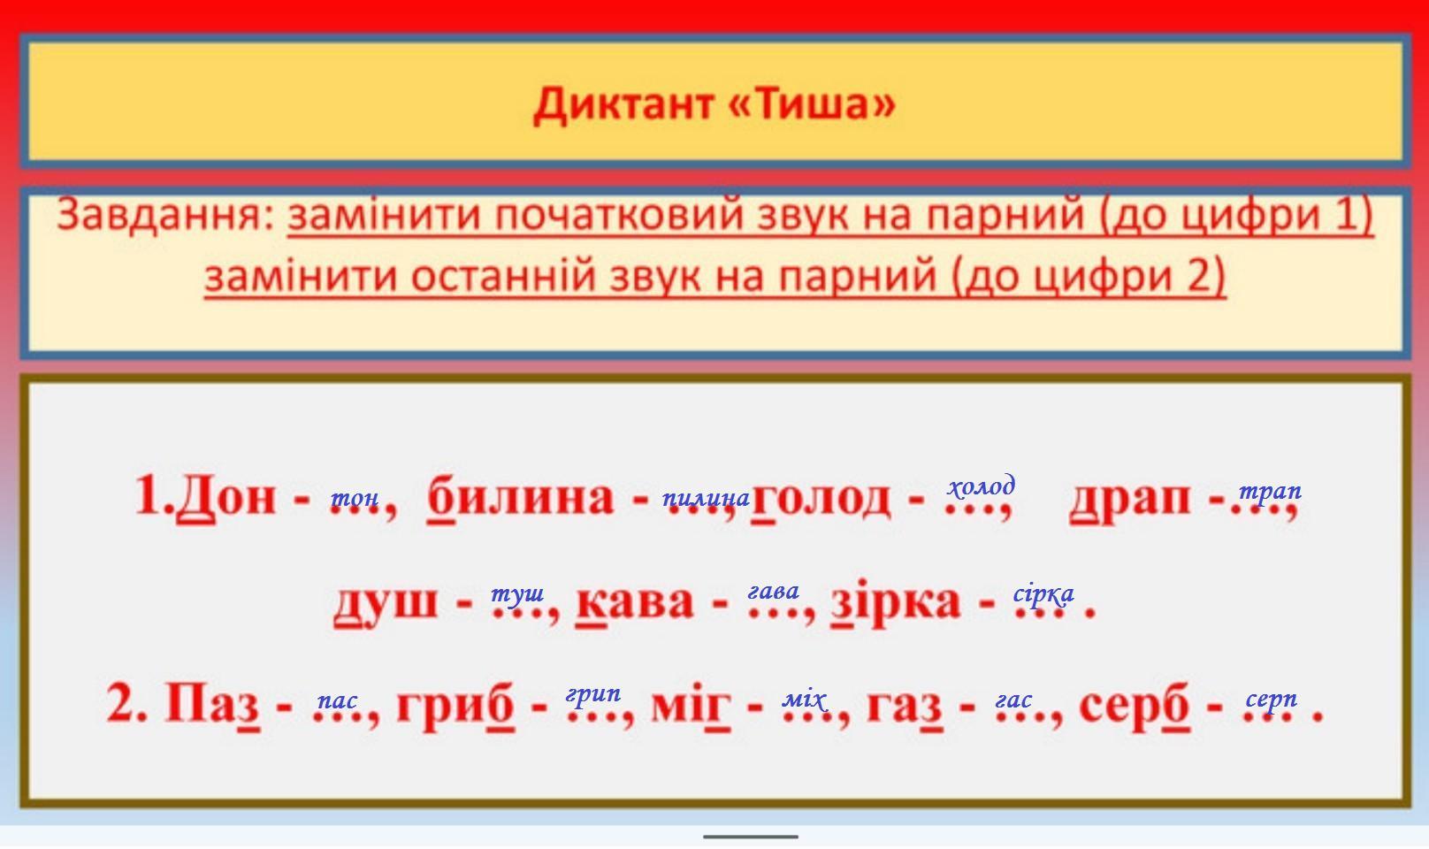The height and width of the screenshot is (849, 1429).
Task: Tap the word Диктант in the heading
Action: coord(623,105)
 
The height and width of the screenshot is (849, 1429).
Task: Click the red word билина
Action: coord(520,496)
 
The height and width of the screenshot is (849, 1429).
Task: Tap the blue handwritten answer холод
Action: coord(982,486)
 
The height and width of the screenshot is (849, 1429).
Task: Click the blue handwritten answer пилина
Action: coord(706,498)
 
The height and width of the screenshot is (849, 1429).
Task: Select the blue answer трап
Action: coord(1270,492)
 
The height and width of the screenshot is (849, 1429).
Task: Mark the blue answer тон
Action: coord(355,498)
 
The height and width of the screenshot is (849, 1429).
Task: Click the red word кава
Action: coord(635,600)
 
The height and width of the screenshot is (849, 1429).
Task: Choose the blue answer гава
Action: coord(773,592)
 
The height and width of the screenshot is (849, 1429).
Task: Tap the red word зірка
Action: coord(895,600)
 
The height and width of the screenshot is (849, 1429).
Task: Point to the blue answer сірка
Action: coord(1043,594)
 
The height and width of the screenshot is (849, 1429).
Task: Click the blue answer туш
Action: coord(517,593)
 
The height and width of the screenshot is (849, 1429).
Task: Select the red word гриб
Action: coord(455,706)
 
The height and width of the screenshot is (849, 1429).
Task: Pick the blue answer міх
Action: coord(805,700)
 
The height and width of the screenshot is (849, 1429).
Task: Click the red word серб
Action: coord(1135,706)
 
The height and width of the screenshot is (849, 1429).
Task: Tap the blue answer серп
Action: coord(1271,700)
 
